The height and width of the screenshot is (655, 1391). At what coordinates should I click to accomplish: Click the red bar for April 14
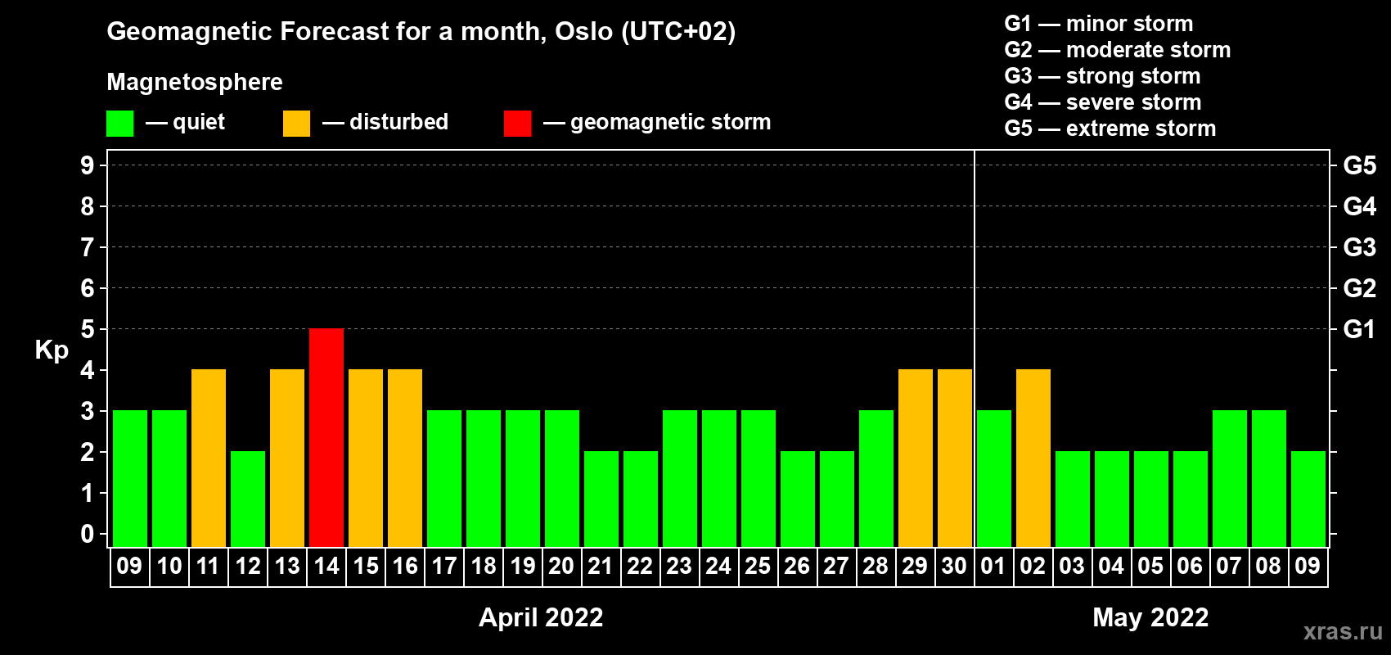coord(326,437)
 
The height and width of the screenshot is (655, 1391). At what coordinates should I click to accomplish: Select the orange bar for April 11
coord(209,458)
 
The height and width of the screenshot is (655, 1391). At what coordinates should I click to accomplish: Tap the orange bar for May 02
coord(1033,458)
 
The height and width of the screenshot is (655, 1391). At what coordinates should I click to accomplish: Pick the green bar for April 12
coord(248,499)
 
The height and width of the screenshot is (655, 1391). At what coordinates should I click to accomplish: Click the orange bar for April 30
coord(955,458)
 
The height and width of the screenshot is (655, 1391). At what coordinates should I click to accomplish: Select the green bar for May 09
coord(1308,499)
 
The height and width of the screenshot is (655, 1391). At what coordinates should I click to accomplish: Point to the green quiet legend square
coord(119,123)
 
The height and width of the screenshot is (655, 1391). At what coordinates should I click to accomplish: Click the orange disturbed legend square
coord(296,123)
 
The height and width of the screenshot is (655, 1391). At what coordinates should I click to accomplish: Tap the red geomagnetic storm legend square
coord(517,123)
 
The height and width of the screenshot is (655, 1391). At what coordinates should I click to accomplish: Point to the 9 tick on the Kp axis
coord(87,165)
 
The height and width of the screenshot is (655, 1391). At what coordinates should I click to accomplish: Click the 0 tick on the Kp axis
coord(87,534)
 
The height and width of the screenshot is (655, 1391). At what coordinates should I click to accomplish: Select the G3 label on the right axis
coord(1360,247)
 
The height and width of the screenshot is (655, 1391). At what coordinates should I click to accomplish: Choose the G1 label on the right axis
coord(1360,329)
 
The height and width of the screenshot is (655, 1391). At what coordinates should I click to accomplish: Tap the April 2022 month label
coord(541,617)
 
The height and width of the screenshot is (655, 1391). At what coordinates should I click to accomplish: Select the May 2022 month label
coord(1150,617)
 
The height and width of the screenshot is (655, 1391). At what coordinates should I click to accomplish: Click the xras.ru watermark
coord(1343,631)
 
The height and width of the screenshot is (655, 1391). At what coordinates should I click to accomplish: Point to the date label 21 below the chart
coord(601,566)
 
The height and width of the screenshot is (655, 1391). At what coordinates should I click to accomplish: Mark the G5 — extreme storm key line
coord(1110,129)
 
